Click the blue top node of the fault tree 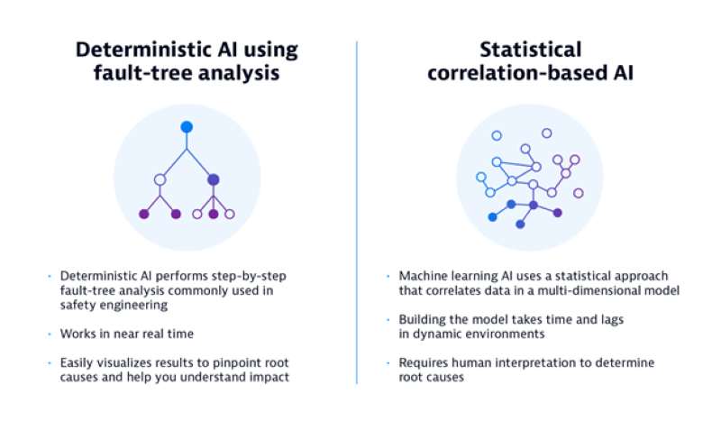click(x=187, y=127)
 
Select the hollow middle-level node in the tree click(x=160, y=179)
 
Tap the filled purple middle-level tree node click(x=214, y=179)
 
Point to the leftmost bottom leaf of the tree click(x=143, y=215)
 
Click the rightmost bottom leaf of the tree click(x=230, y=215)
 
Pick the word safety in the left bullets click(x=78, y=304)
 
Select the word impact click(x=269, y=378)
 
